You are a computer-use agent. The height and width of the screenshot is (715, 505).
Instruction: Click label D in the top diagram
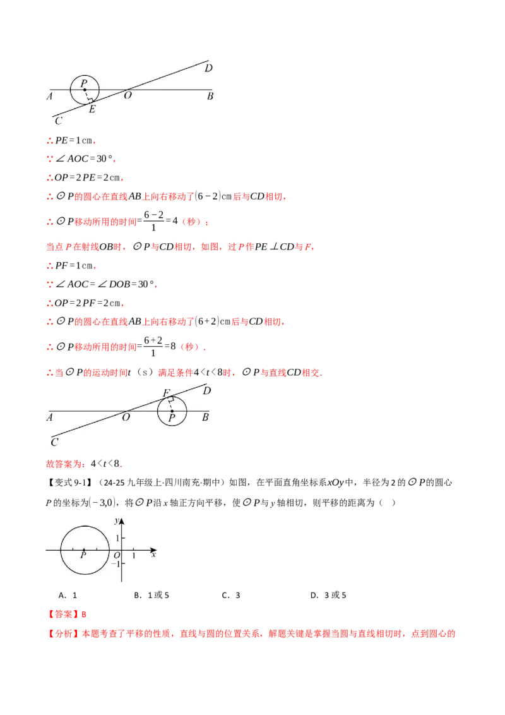[208, 68]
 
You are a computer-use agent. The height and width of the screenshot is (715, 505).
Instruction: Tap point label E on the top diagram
[92, 109]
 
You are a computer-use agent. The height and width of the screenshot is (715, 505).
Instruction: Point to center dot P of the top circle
[85, 90]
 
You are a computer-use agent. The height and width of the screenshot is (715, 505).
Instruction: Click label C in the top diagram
[58, 121]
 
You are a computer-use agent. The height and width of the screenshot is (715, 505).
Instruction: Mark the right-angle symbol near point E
[90, 100]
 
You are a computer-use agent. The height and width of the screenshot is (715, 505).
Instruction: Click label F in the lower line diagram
[167, 393]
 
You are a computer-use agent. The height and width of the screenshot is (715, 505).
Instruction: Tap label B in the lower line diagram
[206, 418]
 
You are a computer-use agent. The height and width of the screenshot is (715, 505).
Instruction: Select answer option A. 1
[68, 595]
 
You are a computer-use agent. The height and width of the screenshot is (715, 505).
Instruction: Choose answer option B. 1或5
[151, 595]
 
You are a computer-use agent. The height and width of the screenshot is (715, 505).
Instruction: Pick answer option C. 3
[231, 595]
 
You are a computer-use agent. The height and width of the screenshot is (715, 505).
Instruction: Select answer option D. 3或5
[328, 595]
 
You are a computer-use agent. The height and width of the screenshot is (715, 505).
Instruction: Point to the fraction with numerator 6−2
[153, 220]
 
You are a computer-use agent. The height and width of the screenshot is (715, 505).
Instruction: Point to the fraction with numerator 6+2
[153, 346]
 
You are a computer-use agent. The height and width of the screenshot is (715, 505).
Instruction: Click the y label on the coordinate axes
[117, 520]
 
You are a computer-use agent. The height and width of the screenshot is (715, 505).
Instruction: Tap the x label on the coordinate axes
[154, 555]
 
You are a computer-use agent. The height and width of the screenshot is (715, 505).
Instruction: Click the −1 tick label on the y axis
[116, 564]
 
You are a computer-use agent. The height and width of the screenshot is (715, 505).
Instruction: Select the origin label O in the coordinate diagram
[117, 555]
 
